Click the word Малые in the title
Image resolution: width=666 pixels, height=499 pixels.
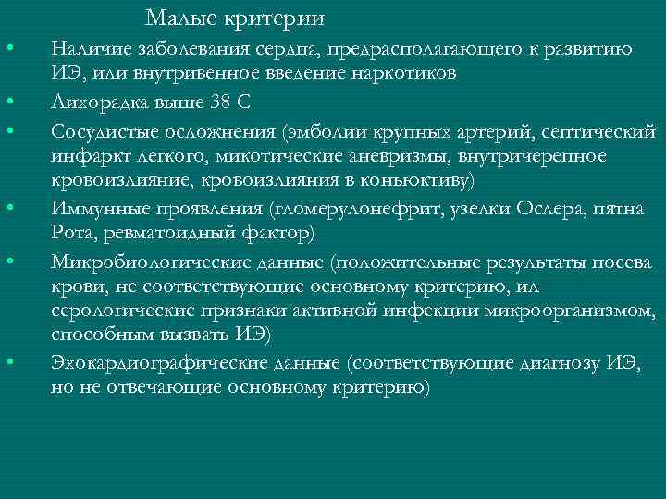178,18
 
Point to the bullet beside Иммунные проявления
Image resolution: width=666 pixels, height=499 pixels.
8,207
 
